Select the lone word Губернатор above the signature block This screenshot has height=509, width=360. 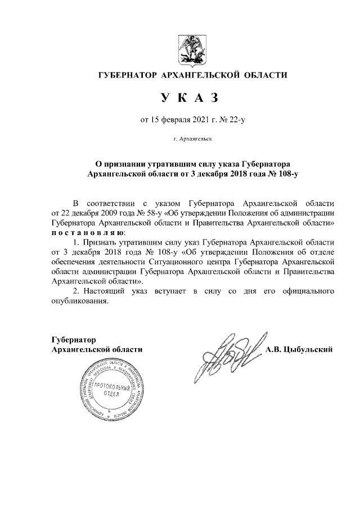click(73, 340)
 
